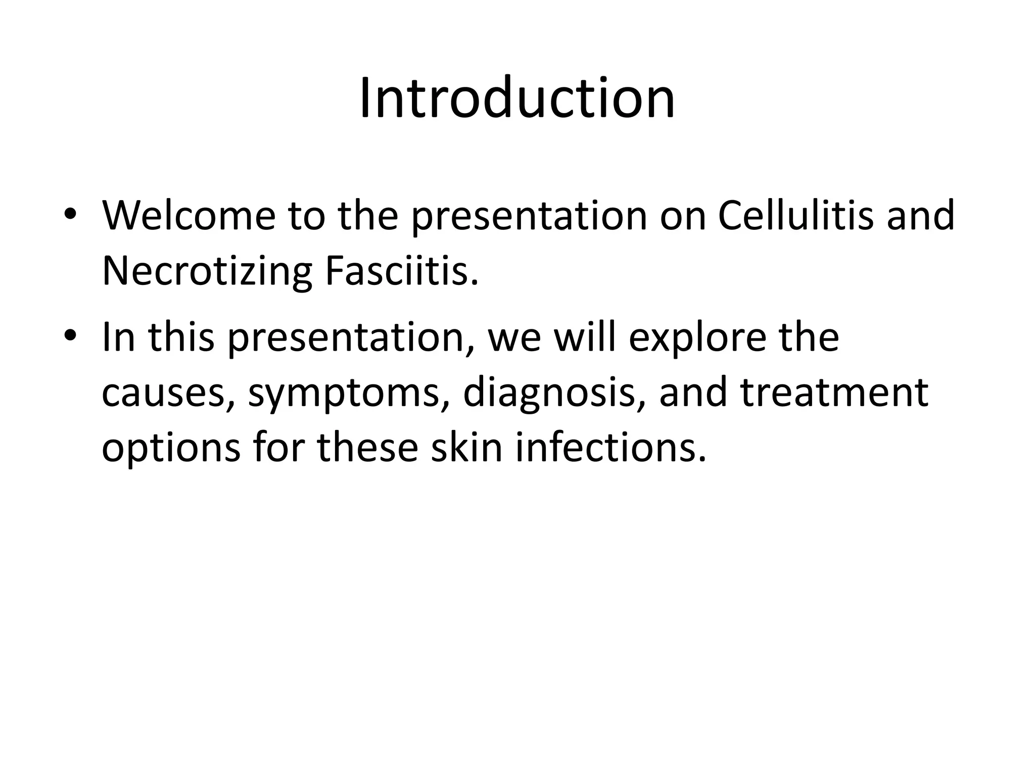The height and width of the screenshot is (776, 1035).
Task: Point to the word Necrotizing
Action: click(x=207, y=272)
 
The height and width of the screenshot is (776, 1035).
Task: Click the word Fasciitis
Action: click(x=401, y=271)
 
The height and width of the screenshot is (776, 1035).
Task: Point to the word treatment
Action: click(x=834, y=393)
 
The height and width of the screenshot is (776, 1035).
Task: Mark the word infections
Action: click(x=610, y=449)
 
